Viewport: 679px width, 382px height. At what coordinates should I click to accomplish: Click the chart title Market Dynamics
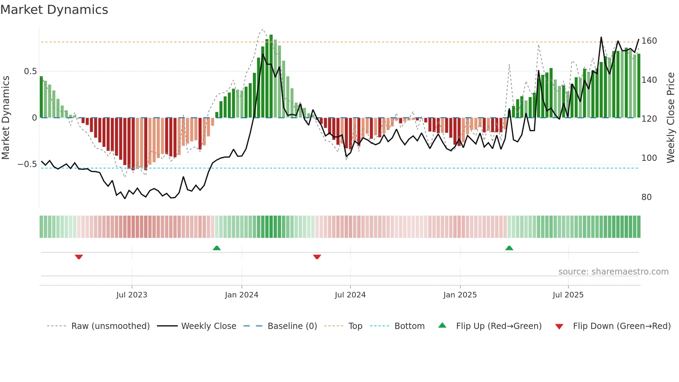[54, 10]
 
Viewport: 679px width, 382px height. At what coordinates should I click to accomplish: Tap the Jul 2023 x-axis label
[132, 295]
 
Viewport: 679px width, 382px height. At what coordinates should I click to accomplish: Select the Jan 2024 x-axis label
[241, 295]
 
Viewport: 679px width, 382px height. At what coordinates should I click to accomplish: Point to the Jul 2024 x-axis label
[350, 295]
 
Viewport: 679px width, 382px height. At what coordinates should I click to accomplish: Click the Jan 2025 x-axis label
[460, 295]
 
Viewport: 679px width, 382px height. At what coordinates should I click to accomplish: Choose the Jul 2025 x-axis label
[568, 295]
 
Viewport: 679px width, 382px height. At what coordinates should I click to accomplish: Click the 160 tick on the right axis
[649, 41]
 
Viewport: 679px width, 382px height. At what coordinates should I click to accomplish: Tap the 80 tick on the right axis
[646, 197]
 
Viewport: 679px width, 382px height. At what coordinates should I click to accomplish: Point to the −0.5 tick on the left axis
[27, 164]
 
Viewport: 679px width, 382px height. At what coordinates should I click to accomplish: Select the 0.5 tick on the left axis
[30, 71]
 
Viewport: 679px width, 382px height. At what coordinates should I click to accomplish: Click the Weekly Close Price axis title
[671, 118]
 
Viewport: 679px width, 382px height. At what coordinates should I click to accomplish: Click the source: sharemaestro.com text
[613, 272]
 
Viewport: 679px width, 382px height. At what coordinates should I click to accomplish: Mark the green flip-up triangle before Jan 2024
[217, 248]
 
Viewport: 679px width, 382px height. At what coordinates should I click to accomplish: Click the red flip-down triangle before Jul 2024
[317, 257]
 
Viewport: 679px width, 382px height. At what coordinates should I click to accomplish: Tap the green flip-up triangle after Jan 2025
[509, 248]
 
